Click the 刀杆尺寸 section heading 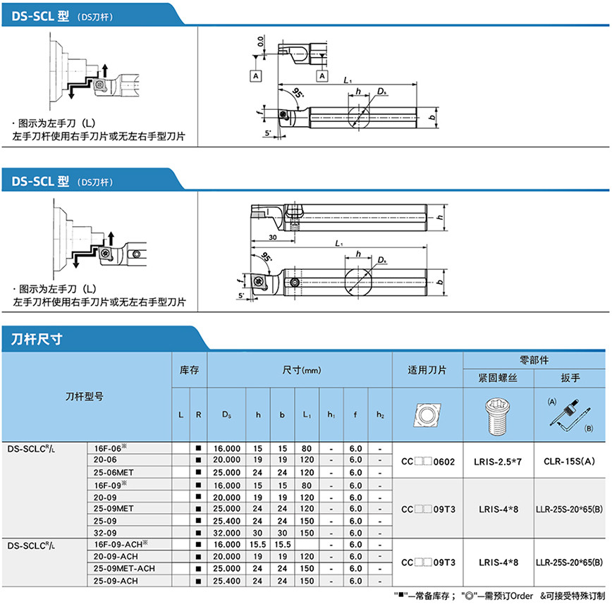(36, 339)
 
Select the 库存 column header (189, 370)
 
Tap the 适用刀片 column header (427, 370)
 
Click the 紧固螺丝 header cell (498, 378)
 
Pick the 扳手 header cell (570, 378)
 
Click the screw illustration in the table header (497, 417)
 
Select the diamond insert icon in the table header (427, 414)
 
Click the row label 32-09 (105, 533)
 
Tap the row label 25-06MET (114, 472)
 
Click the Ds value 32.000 (226, 533)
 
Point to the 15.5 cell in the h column (257, 544)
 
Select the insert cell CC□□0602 (428, 462)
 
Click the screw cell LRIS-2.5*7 (498, 462)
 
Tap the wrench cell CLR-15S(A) (569, 461)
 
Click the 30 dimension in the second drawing (272, 238)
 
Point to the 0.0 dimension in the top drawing (260, 41)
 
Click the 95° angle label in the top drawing (298, 93)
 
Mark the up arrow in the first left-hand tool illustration (104, 70)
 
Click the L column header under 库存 (180, 414)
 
